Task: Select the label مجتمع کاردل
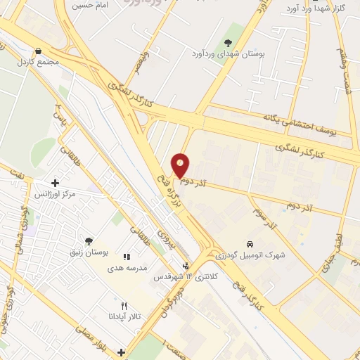(x=38, y=62)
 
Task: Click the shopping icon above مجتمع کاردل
(x=38, y=51)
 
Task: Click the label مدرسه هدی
(x=127, y=269)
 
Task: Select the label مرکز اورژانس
(x=54, y=193)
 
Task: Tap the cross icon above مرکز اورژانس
(x=55, y=183)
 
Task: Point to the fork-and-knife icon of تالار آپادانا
(x=124, y=306)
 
